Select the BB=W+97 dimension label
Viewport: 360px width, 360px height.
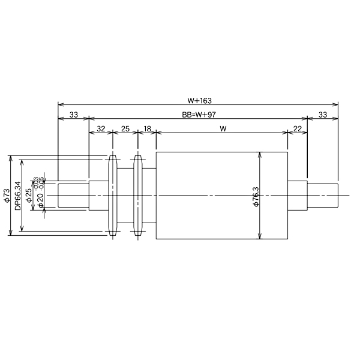[x=198, y=114]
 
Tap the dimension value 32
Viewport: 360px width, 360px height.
[x=101, y=129]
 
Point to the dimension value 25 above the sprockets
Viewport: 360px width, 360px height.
[x=125, y=129]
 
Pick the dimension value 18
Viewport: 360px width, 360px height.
[x=147, y=129]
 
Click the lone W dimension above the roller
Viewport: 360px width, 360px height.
[x=223, y=129]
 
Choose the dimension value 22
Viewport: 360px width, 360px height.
[x=298, y=129]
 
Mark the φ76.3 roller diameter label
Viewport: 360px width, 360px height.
[x=256, y=197]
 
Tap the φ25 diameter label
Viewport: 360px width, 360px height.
[x=29, y=196]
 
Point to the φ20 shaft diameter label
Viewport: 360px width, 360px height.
[x=40, y=199]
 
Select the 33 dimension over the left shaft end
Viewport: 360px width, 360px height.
[x=73, y=114]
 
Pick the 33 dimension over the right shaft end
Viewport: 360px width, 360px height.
[x=323, y=114]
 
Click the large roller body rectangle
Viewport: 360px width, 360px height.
[x=207, y=195]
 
